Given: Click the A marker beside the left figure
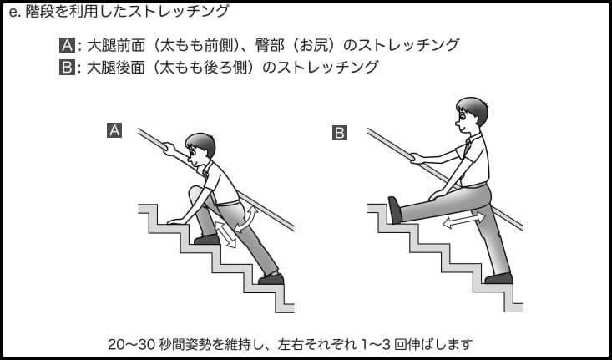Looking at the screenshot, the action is [x=114, y=130].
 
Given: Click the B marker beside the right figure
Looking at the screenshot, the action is [x=340, y=133].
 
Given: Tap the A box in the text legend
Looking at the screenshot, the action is [x=67, y=45].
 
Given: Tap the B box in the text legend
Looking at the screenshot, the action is [x=67, y=67].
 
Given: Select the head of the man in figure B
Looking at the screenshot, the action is [x=471, y=114].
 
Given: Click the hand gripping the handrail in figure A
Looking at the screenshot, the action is [x=169, y=148].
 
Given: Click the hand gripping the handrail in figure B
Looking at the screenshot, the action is [x=417, y=158].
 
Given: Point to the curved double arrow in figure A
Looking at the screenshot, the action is [x=246, y=220].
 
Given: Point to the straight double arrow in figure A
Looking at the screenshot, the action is [x=225, y=234].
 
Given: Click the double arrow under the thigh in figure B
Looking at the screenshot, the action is [x=463, y=221].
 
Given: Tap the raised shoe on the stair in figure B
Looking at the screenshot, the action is [x=395, y=210].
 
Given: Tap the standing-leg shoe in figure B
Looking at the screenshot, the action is [x=498, y=278].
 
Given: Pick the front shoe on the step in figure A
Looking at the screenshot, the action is [x=207, y=239].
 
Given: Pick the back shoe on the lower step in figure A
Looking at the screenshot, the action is [x=271, y=279].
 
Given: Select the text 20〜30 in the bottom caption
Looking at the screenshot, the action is [x=132, y=344].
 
